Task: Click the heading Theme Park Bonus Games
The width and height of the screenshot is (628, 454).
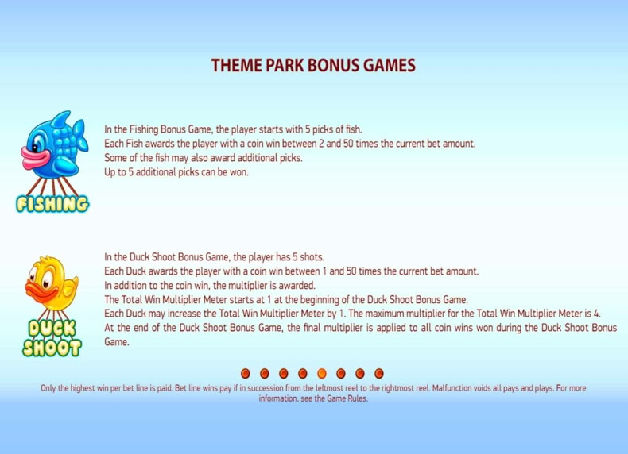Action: [x=313, y=65]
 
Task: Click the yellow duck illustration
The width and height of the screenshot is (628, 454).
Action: [x=52, y=283]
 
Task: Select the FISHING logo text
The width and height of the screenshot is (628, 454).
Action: [x=52, y=204]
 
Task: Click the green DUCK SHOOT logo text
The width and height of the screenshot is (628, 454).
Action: [x=52, y=338]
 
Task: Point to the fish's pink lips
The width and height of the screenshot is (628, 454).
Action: [x=35, y=157]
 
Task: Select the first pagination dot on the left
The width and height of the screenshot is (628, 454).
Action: [x=246, y=374]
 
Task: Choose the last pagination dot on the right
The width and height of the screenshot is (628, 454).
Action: [x=379, y=374]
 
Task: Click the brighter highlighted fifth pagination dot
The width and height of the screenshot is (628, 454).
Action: [x=322, y=374]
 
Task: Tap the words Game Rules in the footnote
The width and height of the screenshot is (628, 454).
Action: [x=347, y=398]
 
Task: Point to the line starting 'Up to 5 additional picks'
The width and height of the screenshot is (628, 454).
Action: [x=176, y=172]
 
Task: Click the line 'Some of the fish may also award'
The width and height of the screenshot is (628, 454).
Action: [x=204, y=158]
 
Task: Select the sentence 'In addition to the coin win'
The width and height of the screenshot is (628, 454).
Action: [x=210, y=286]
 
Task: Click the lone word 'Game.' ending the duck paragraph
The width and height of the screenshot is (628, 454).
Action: [x=117, y=342]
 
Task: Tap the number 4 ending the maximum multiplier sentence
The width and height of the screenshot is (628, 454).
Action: [x=598, y=314]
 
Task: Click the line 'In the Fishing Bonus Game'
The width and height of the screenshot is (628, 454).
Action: [x=233, y=129]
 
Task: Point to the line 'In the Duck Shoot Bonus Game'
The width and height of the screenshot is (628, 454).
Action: [x=215, y=257]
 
